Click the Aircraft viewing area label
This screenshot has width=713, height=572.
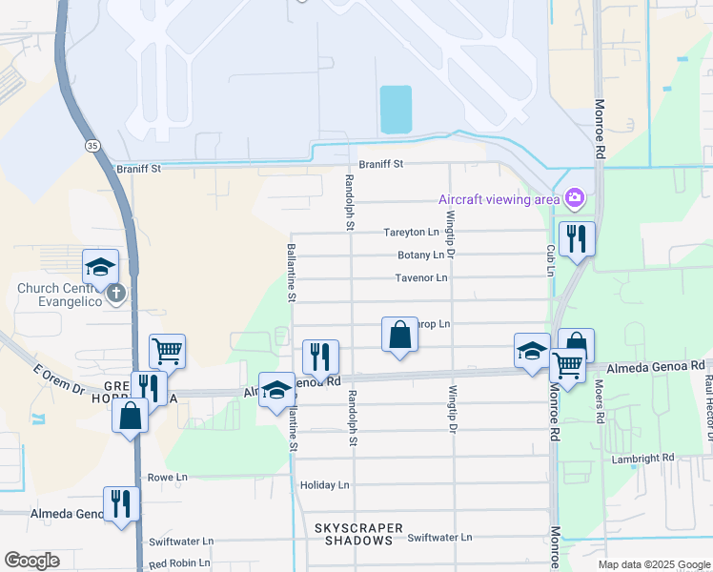(x=498, y=199)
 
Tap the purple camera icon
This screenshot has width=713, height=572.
(x=574, y=198)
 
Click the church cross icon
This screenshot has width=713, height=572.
(x=115, y=292)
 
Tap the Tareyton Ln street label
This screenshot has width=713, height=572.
(x=412, y=232)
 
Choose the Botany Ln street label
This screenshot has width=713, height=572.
(x=421, y=255)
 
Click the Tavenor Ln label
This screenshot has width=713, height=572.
(x=420, y=278)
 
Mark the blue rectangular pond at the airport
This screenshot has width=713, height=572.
(x=396, y=110)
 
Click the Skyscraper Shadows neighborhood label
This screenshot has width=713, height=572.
(x=354, y=534)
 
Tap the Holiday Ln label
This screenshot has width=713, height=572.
(x=325, y=485)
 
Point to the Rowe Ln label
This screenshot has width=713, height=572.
(x=167, y=477)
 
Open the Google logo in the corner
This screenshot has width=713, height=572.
(x=31, y=561)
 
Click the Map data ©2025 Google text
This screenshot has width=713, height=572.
(x=653, y=564)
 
